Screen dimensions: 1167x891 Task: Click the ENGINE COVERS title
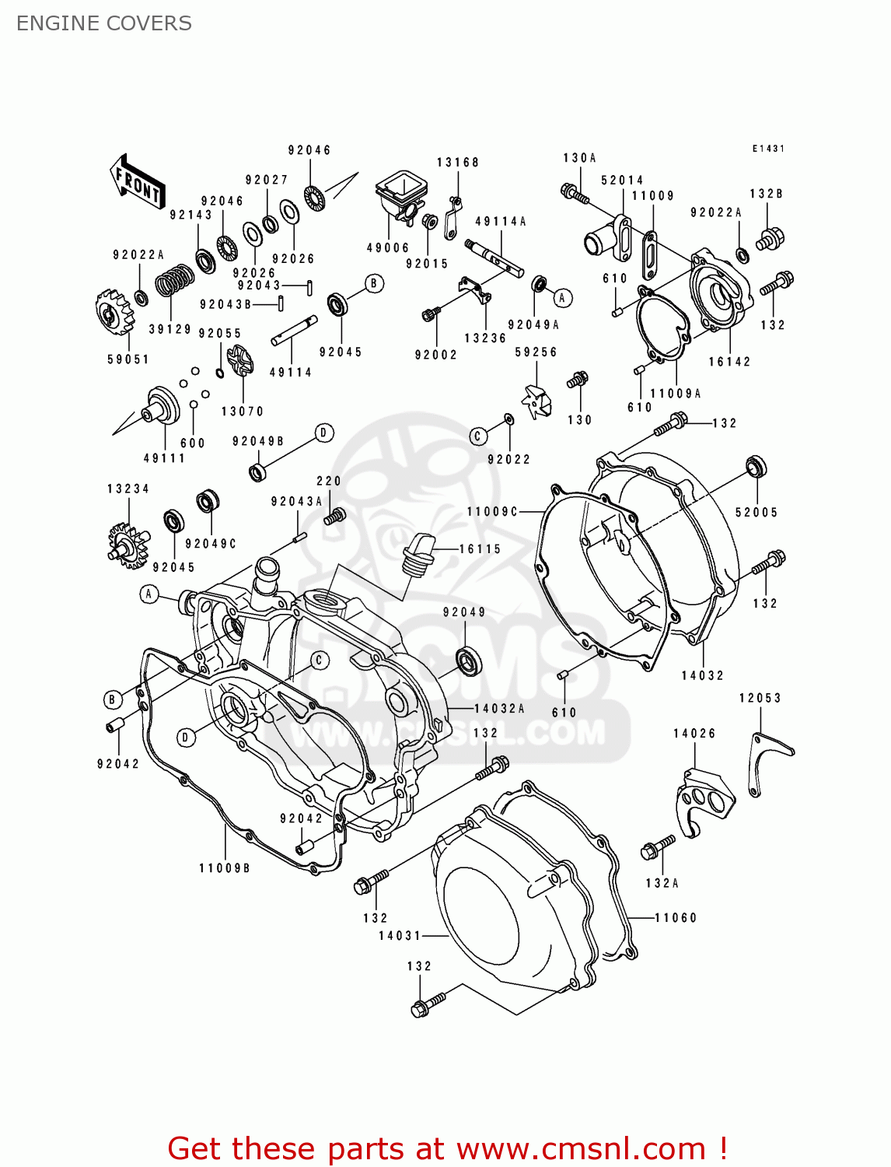pyautogui.click(x=103, y=23)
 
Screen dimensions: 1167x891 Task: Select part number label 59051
pyautogui.click(x=128, y=359)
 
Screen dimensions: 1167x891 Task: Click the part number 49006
pyautogui.click(x=388, y=248)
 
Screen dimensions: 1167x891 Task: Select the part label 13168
pyautogui.click(x=457, y=163)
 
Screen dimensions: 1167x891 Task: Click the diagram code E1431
pyautogui.click(x=768, y=149)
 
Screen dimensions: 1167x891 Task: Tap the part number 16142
pyautogui.click(x=729, y=362)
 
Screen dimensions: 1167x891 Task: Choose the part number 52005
pyautogui.click(x=756, y=513)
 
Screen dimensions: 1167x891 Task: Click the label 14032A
pyautogui.click(x=499, y=709)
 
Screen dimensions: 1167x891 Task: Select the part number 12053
pyautogui.click(x=760, y=699)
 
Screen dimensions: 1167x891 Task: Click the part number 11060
pyautogui.click(x=676, y=918)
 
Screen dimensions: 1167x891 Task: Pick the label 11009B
pyautogui.click(x=225, y=868)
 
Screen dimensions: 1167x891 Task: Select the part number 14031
pyautogui.click(x=400, y=936)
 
